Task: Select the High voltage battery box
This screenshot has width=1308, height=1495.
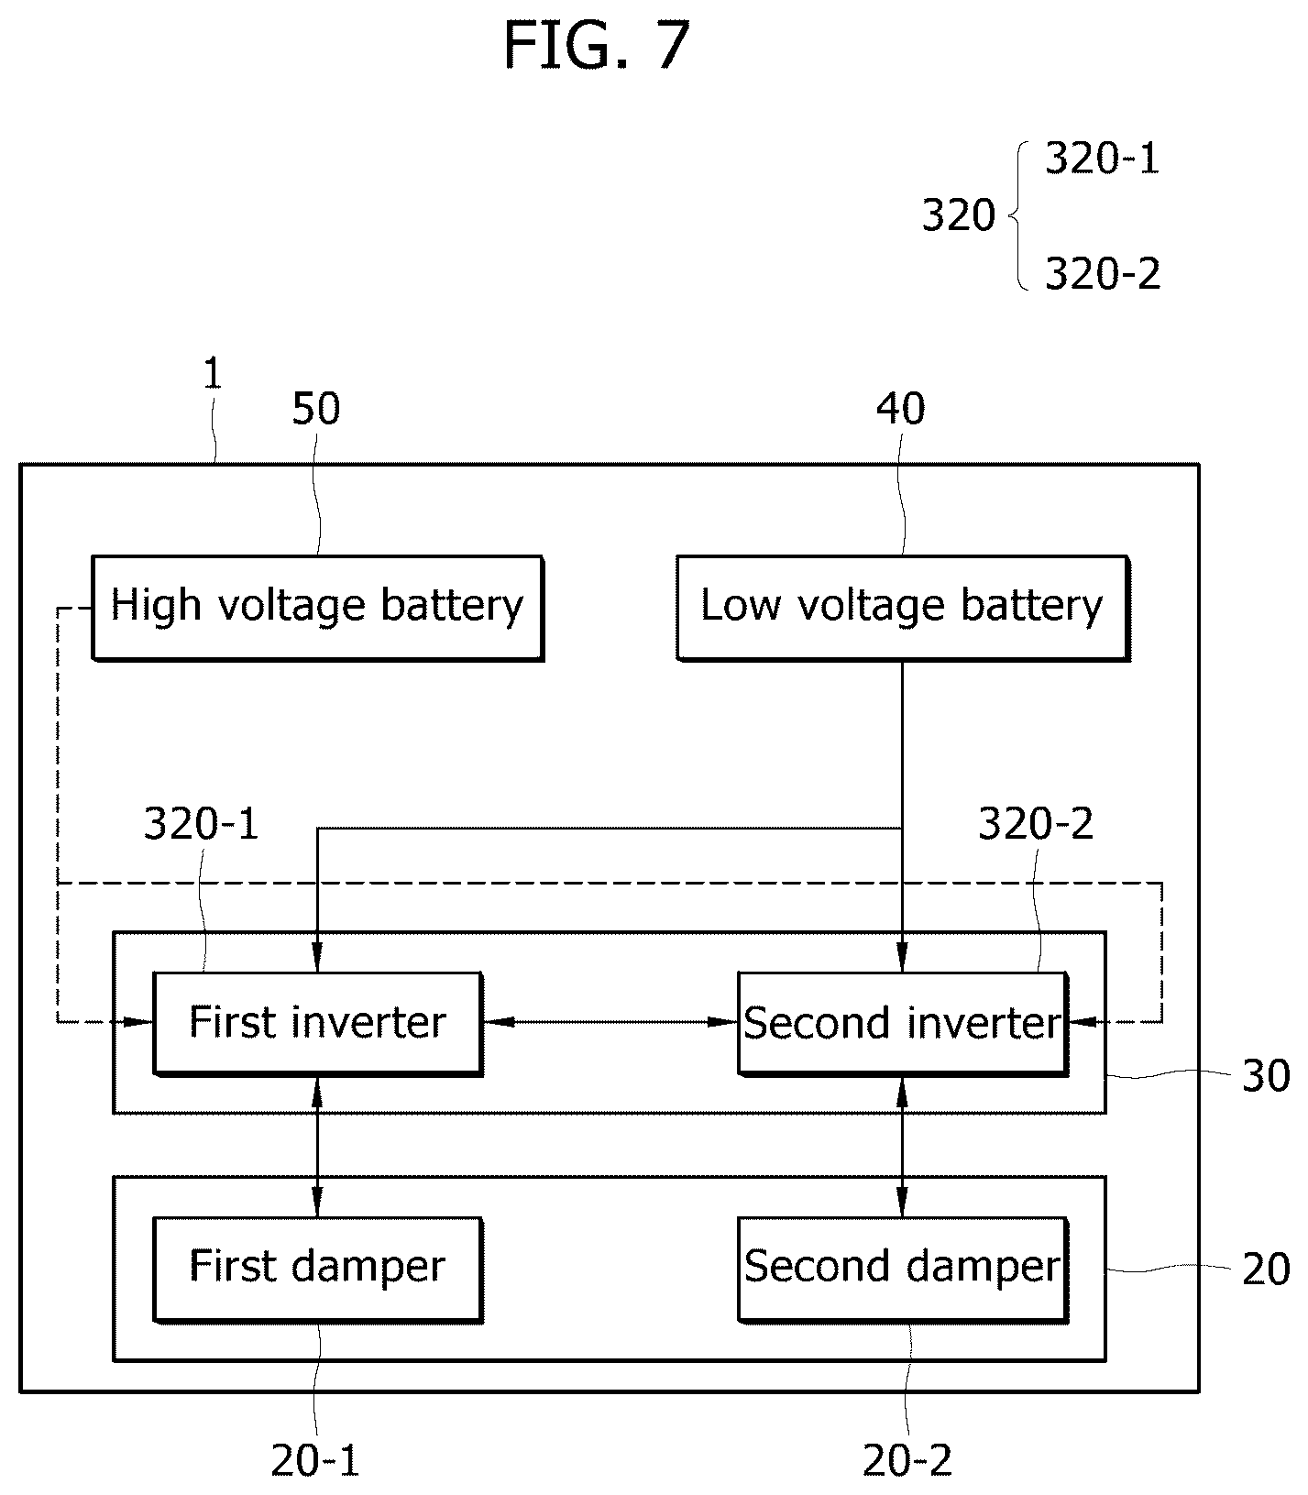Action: click(317, 607)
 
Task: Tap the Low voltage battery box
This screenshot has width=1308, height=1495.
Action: click(902, 607)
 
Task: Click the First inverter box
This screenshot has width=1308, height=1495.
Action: click(317, 1023)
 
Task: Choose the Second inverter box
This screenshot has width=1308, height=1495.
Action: click(903, 1023)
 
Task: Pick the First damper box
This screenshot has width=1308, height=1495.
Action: click(317, 1269)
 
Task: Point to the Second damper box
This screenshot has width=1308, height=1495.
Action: click(903, 1269)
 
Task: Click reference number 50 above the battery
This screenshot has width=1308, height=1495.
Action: click(316, 409)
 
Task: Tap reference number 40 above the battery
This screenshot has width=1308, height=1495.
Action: click(900, 409)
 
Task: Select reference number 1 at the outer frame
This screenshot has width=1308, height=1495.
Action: click(213, 374)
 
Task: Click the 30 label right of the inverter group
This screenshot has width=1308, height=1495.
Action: click(1265, 1075)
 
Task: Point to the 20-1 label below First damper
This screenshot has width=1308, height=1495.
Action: click(315, 1460)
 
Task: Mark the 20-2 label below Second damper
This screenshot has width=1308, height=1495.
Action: click(907, 1460)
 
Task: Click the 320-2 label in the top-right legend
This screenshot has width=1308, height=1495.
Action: click(1103, 274)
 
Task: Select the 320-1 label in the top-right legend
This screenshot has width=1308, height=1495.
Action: click(1103, 159)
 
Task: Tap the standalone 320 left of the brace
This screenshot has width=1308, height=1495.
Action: click(958, 216)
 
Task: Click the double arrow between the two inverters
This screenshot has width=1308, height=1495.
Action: click(610, 1021)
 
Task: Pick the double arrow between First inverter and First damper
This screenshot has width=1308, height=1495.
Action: click(317, 1146)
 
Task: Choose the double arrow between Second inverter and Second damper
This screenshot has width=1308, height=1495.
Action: click(902, 1146)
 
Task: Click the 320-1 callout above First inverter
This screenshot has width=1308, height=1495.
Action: click(202, 825)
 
